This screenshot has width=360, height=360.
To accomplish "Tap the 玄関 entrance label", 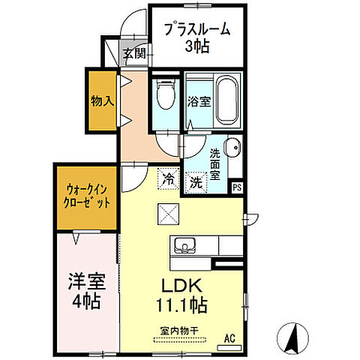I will tap(135, 54).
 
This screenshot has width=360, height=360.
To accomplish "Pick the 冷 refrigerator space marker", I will tap(169, 180).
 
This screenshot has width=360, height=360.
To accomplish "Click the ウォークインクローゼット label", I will tap(86, 196).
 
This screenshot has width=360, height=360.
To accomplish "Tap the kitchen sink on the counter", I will tap(184, 244).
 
